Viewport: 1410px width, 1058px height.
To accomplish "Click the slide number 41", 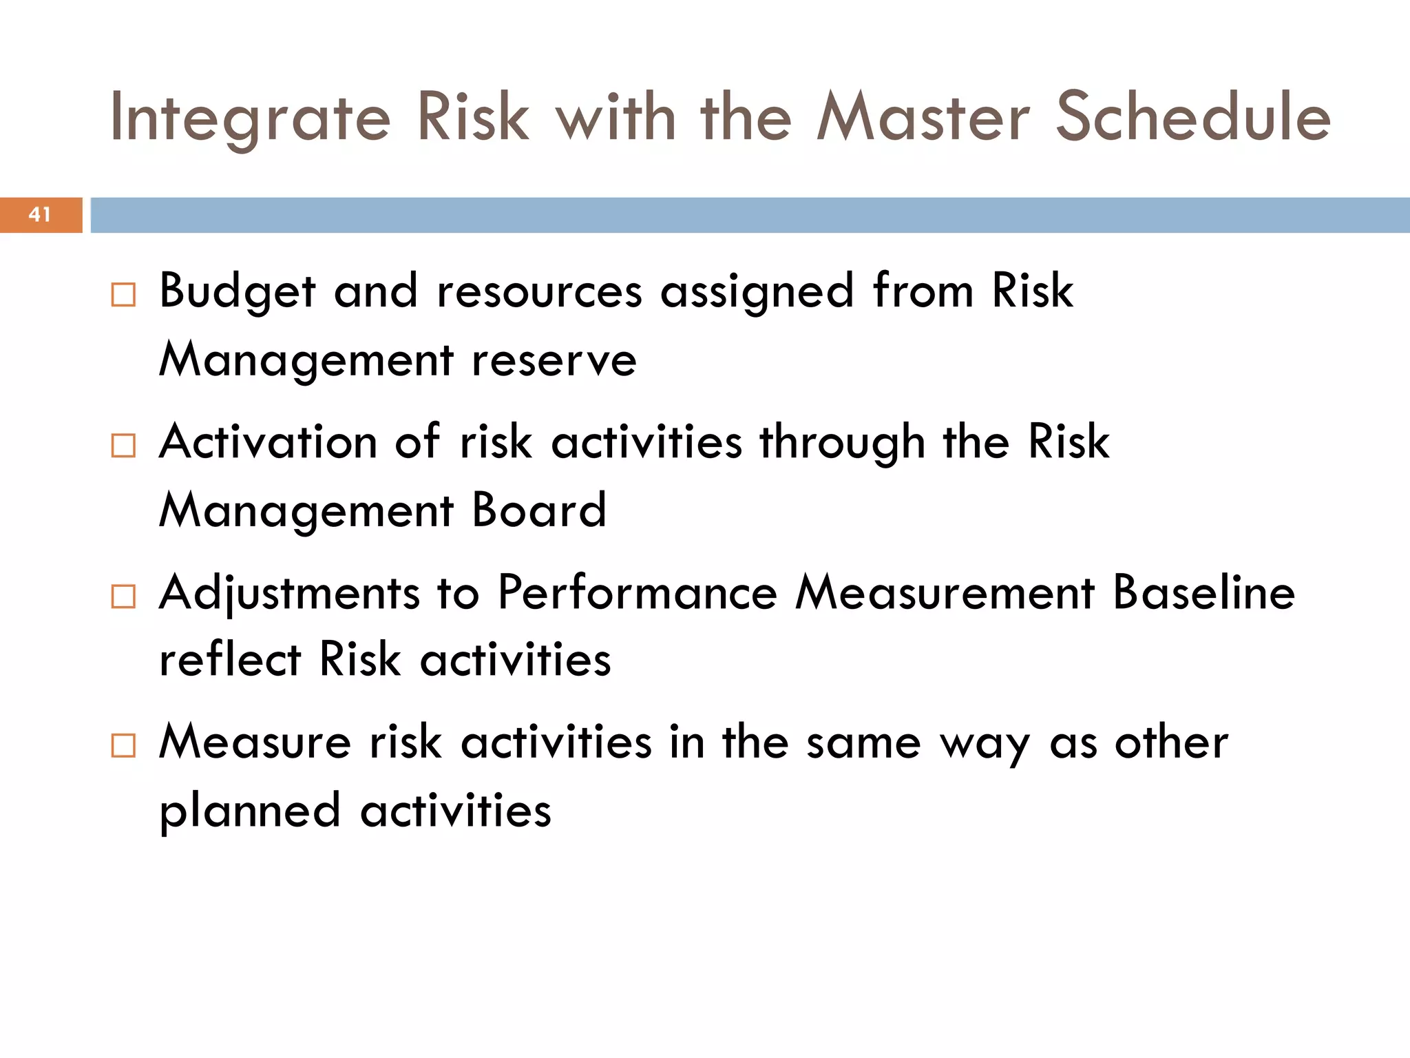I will pos(40,215).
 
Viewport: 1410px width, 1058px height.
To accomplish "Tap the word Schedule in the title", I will pos(1192,117).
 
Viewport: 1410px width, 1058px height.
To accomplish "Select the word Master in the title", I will pos(923,117).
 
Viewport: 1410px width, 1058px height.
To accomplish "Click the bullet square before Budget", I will pos(123,295).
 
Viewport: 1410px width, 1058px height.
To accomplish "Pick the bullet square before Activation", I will pos(123,446).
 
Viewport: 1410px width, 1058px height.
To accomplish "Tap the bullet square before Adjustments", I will pos(123,597).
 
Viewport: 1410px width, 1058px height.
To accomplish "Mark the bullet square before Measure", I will pos(123,746).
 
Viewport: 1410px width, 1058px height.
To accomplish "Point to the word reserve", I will pos(554,361).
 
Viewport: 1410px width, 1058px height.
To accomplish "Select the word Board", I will pos(539,511).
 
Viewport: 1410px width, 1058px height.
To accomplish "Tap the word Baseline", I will pos(1203,593).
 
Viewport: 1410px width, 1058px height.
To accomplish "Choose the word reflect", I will pos(230,660).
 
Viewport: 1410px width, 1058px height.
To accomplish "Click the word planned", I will pos(250,811).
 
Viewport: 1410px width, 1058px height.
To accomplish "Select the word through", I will pos(842,443).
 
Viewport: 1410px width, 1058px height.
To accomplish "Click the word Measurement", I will pos(945,593).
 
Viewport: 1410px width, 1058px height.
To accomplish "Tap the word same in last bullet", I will pos(863,744).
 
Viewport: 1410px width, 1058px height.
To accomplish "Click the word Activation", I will pos(268,442).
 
